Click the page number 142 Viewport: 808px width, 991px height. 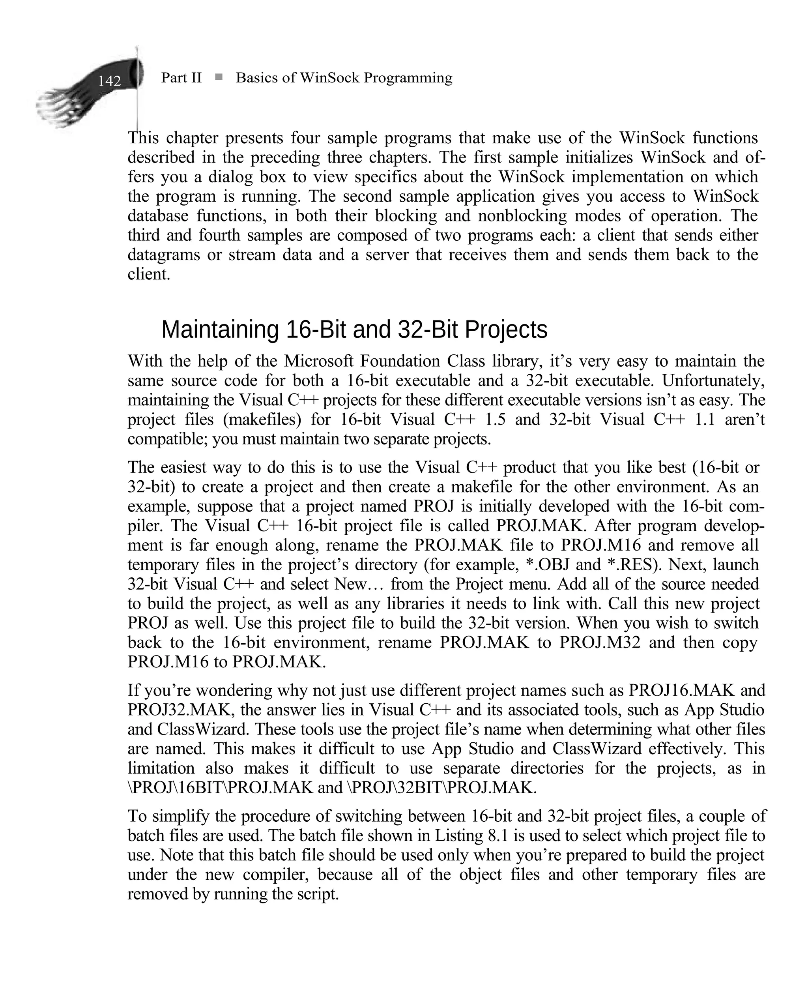pyautogui.click(x=109, y=81)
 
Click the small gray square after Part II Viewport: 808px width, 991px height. pyautogui.click(x=219, y=77)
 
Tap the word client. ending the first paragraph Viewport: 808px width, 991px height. pyautogui.click(x=149, y=274)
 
